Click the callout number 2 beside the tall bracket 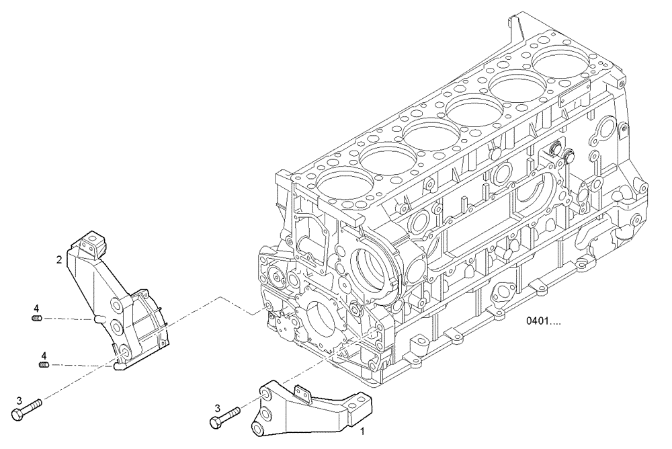59,258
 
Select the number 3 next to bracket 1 216,408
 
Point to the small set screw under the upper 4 38,318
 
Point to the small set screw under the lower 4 44,365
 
